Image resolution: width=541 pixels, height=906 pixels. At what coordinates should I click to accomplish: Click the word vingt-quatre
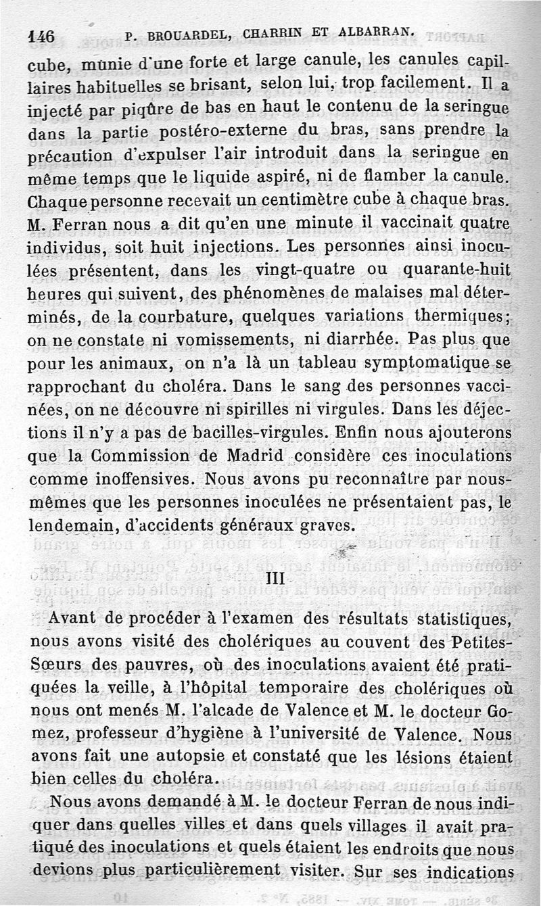click(x=326, y=270)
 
